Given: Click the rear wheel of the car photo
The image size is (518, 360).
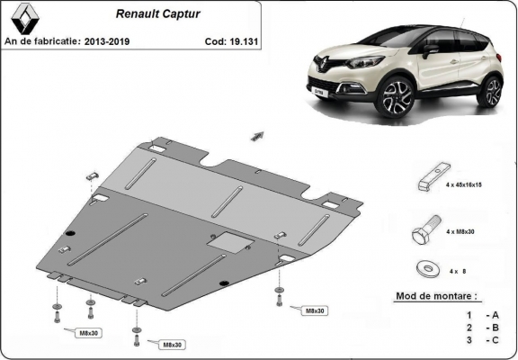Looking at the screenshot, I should pyautogui.click(x=490, y=90).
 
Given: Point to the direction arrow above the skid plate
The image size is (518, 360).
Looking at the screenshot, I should pyautogui.click(x=257, y=135).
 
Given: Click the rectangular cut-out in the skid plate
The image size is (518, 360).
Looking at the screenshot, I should pyautogui.click(x=225, y=240).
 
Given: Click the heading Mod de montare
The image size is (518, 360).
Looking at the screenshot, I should pyautogui.click(x=437, y=296).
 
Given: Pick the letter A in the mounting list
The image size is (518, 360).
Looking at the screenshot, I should pyautogui.click(x=494, y=315).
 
